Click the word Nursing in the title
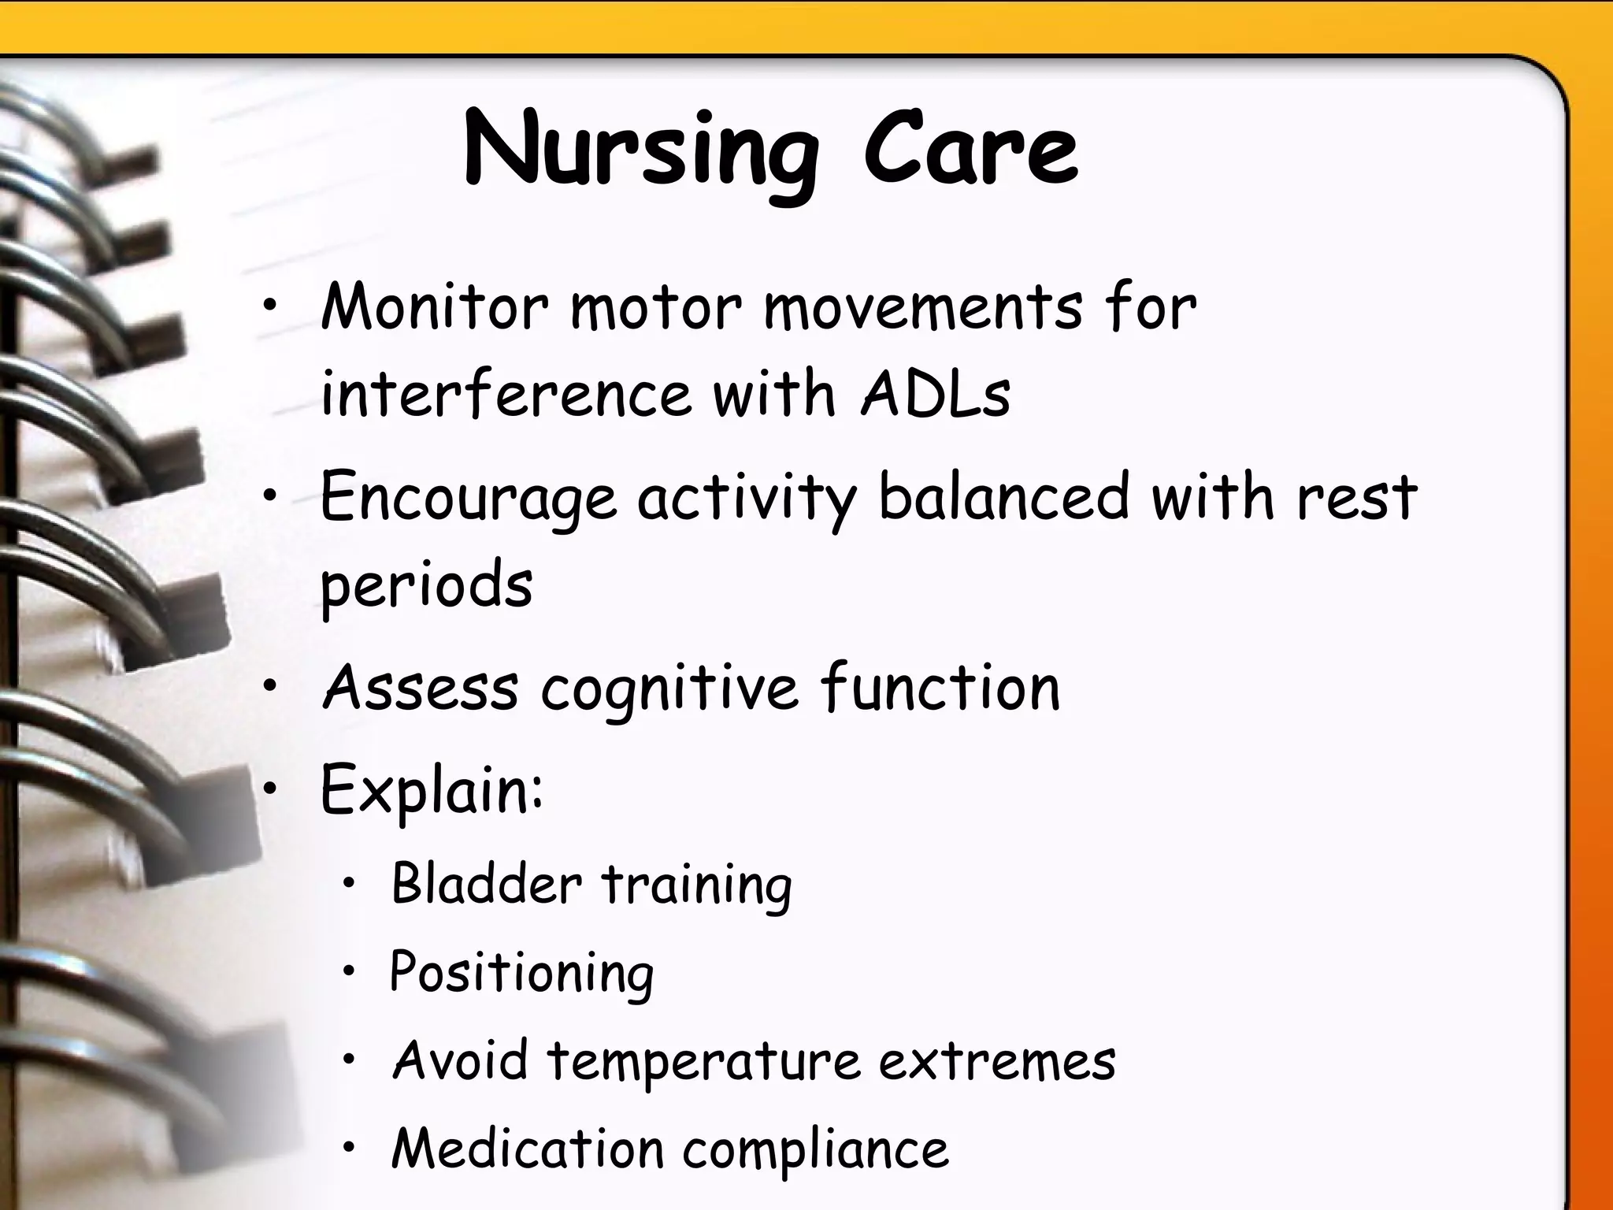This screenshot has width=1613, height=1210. click(640, 154)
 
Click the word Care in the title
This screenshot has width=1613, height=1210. click(970, 150)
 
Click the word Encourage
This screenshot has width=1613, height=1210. click(468, 499)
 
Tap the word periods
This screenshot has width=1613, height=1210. click(426, 585)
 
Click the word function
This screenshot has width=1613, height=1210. click(940, 687)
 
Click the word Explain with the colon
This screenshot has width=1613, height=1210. click(432, 790)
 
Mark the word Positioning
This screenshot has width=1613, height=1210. click(521, 973)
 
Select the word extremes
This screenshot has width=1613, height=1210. click(997, 1060)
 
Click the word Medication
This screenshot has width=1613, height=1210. click(528, 1148)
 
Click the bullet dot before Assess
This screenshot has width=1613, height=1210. click(270, 687)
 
